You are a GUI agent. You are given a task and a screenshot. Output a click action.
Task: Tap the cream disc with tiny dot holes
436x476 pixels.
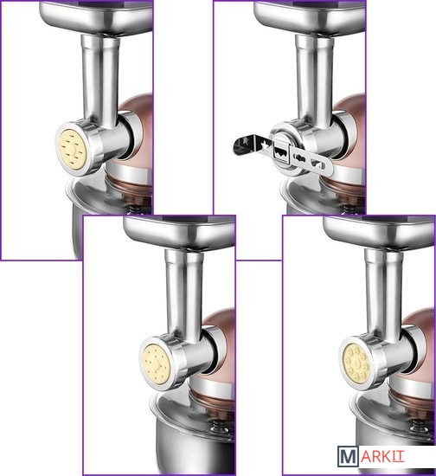coord(157,363)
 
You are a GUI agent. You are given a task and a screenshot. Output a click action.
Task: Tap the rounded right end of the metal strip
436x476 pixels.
coord(327,164)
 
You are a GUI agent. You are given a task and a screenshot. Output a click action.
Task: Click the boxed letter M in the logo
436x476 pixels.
coord(348,456)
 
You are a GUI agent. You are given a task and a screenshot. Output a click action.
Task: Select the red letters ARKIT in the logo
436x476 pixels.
coord(382,457)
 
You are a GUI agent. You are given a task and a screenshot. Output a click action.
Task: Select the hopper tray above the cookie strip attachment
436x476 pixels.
coord(310,16)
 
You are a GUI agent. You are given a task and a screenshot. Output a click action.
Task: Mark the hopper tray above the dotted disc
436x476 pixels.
coord(180,232)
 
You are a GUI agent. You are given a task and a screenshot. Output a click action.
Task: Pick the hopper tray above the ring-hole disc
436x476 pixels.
coord(379,232)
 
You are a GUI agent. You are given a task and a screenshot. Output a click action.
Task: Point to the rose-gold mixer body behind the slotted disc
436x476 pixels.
coord(138,137)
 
